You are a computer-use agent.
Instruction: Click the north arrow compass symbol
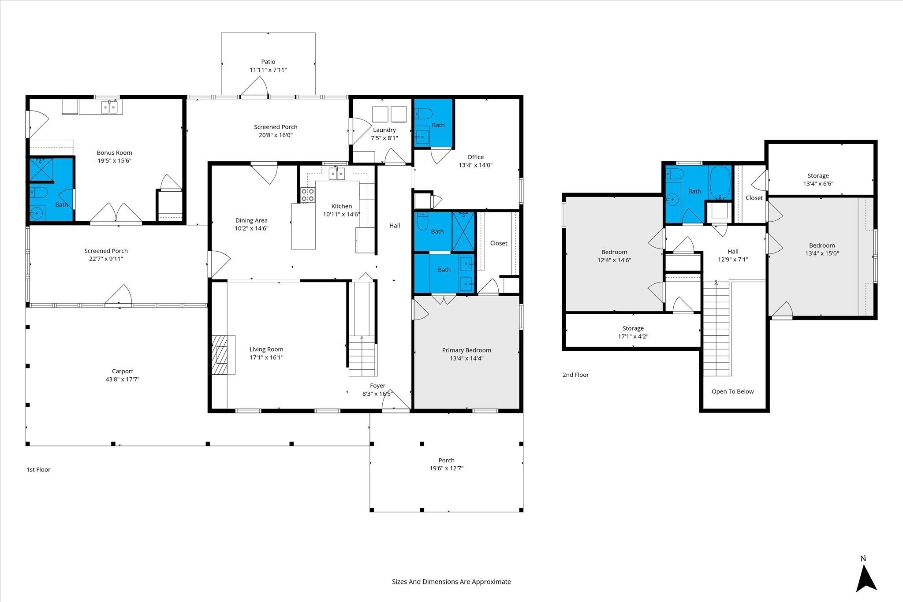click(x=866, y=579)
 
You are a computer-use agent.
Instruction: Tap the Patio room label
click(x=268, y=62)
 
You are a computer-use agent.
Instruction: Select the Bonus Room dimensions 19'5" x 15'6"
click(x=115, y=161)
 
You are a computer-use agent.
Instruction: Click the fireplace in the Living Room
click(x=223, y=355)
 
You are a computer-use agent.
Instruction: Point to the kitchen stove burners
click(x=308, y=195)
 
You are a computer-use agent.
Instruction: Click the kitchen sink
click(x=337, y=174)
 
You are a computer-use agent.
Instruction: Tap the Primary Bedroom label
click(x=466, y=350)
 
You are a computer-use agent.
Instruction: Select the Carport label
click(x=123, y=371)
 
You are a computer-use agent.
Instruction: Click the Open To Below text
click(x=733, y=391)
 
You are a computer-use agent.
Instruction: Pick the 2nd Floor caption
click(x=575, y=375)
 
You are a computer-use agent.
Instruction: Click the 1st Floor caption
click(x=38, y=470)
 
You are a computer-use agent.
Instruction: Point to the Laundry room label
click(x=384, y=130)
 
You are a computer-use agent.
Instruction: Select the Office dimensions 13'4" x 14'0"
click(x=476, y=165)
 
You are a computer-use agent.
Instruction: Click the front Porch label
click(x=447, y=461)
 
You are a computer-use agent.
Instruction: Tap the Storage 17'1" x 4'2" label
click(x=633, y=332)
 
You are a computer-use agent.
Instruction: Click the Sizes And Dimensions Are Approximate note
click(x=451, y=582)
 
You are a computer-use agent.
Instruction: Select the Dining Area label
click(x=251, y=220)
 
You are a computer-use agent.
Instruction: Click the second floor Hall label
click(x=733, y=252)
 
